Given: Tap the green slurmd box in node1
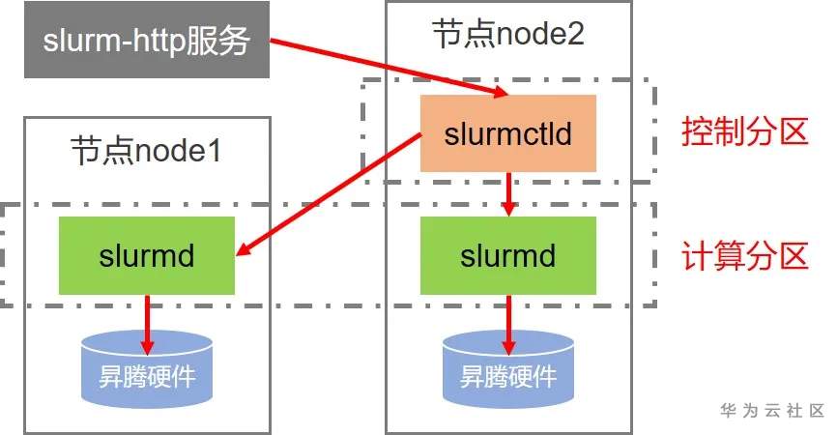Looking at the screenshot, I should tap(147, 255).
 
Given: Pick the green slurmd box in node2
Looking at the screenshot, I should tap(508, 255).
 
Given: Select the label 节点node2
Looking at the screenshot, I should tap(508, 36).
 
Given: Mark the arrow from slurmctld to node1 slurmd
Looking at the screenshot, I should tap(329, 193).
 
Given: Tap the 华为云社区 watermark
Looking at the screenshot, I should tap(771, 410).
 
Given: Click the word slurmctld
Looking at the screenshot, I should tap(508, 133).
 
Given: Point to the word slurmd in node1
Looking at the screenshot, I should tap(147, 256).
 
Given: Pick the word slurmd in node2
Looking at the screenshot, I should tap(508, 256).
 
